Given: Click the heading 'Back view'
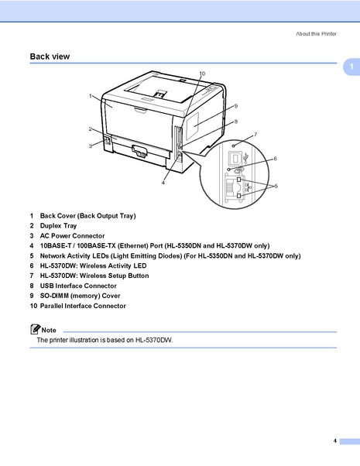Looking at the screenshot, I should pyautogui.click(x=50, y=57).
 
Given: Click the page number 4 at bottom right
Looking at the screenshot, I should pyautogui.click(x=335, y=440).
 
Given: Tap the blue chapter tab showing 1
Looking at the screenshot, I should pyautogui.click(x=350, y=68).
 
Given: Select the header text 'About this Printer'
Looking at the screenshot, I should pyautogui.click(x=316, y=34).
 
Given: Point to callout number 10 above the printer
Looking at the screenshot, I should pyautogui.click(x=201, y=74).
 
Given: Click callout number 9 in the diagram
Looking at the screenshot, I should pyautogui.click(x=235, y=105).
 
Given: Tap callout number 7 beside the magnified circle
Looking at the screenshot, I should pyautogui.click(x=255, y=135).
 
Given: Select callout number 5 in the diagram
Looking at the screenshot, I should pyautogui.click(x=276, y=186).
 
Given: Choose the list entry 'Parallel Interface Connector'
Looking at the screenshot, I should pyautogui.click(x=83, y=306).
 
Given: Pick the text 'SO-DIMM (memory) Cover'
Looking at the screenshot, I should pyautogui.click(x=80, y=296).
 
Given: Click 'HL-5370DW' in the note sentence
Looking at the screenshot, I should pyautogui.click(x=153, y=341).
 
